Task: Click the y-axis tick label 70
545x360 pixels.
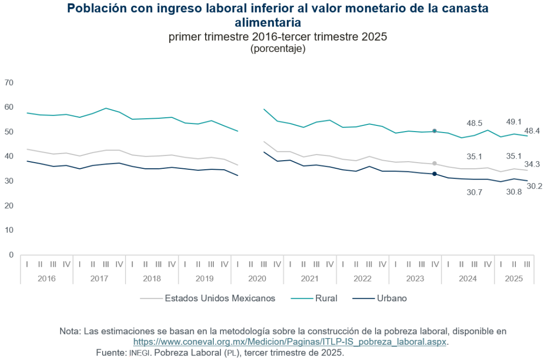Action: click(x=9, y=83)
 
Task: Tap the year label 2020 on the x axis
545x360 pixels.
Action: click(x=257, y=279)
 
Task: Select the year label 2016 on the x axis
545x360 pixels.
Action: click(x=46, y=279)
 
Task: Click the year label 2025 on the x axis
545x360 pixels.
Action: click(x=514, y=279)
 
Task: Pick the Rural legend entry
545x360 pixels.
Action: click(x=326, y=298)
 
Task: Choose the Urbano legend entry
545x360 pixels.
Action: click(x=391, y=298)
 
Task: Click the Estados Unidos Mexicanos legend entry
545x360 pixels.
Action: click(x=220, y=298)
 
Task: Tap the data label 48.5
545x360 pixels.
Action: click(x=475, y=123)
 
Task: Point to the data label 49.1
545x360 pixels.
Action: click(x=514, y=122)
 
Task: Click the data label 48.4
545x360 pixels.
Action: click(x=532, y=131)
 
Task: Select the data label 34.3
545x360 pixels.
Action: click(x=532, y=164)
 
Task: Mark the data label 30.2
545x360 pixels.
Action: click(x=534, y=186)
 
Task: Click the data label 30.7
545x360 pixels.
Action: click(x=475, y=193)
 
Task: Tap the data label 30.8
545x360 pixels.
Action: click(x=514, y=193)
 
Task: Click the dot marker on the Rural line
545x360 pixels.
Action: click(x=434, y=131)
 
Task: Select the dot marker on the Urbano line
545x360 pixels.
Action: click(x=434, y=174)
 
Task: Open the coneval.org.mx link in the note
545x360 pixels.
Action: click(x=290, y=342)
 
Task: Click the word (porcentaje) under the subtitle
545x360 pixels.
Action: click(x=278, y=49)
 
